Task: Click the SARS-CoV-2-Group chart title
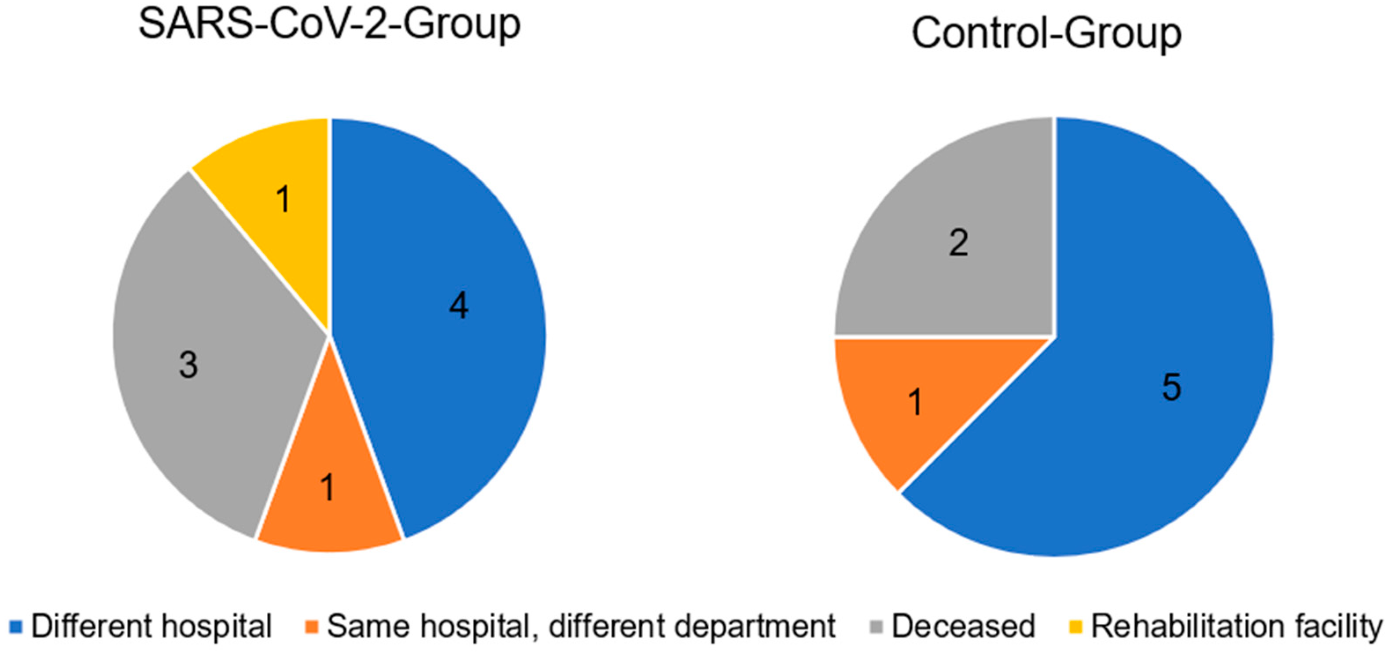click(329, 24)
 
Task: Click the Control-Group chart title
click(1046, 33)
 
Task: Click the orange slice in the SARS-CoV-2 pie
click(329, 501)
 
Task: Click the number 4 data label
click(459, 306)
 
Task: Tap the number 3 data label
click(188, 365)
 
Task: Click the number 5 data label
click(1171, 387)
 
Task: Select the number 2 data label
click(958, 243)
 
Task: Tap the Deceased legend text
click(963, 626)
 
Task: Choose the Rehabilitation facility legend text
click(1236, 626)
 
